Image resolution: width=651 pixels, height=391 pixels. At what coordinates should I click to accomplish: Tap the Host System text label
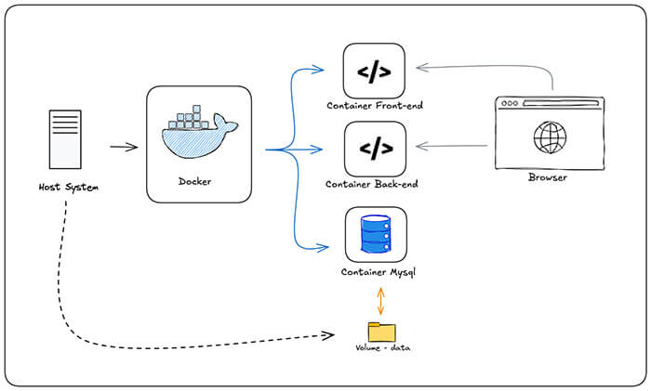tap(68, 188)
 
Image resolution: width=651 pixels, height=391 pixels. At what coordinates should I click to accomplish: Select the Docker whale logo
tap(198, 136)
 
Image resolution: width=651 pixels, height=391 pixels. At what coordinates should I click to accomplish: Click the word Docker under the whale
tap(194, 182)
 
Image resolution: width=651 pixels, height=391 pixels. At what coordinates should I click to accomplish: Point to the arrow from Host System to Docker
tap(124, 147)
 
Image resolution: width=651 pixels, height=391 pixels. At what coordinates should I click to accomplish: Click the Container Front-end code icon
tap(374, 71)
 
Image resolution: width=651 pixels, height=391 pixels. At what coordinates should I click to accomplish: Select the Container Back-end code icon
tap(375, 147)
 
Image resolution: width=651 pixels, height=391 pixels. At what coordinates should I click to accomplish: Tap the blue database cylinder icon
tap(375, 234)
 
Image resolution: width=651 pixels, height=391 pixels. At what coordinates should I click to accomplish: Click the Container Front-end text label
tap(375, 106)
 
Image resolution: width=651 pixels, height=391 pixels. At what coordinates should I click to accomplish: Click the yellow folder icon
tap(381, 332)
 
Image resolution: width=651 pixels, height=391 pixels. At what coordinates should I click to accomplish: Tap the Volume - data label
tap(382, 348)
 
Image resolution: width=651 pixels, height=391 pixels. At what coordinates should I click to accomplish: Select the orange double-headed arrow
tap(380, 300)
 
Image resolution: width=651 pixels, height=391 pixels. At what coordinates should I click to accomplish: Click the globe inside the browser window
tap(549, 139)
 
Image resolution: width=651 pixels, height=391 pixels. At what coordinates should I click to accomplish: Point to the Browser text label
tap(549, 176)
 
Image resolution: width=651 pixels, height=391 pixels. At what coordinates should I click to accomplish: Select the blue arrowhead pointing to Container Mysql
tap(324, 247)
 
